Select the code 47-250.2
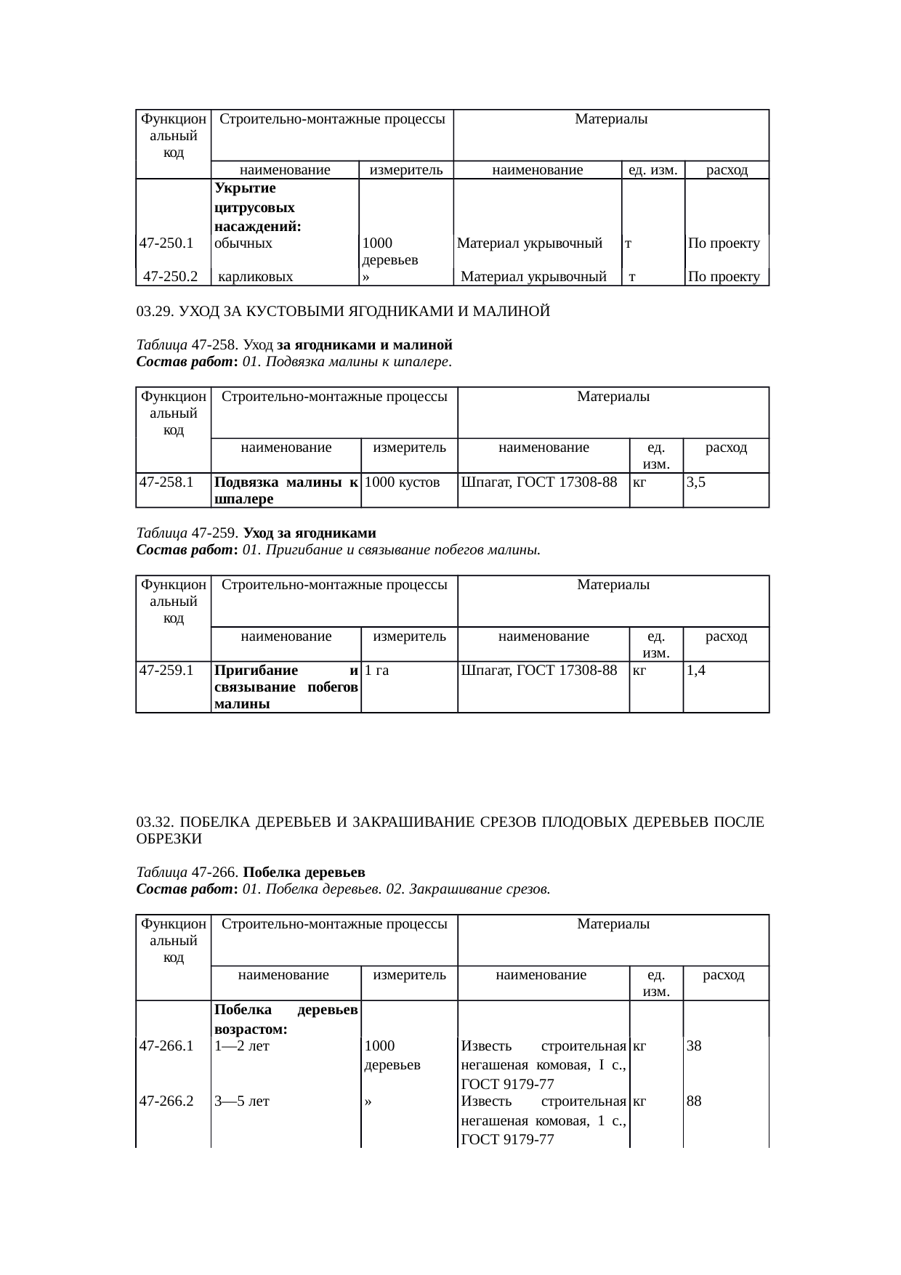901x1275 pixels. click(x=171, y=277)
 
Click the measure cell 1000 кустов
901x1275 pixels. click(x=402, y=482)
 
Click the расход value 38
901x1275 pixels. click(x=694, y=1046)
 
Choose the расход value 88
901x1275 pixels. click(x=694, y=1101)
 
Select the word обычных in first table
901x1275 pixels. click(x=243, y=243)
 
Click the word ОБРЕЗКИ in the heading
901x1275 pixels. click(x=169, y=839)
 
